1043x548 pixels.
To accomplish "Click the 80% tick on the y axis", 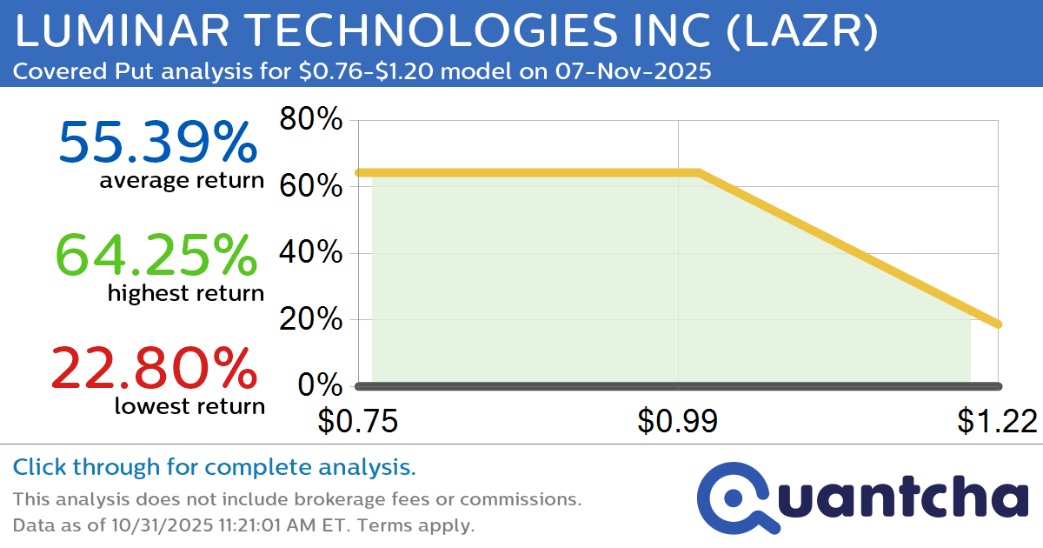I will tap(310, 120).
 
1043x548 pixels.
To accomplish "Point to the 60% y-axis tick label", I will tap(310, 187).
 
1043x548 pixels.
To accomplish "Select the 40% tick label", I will tap(310, 254).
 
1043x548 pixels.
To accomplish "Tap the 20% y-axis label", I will tap(310, 320).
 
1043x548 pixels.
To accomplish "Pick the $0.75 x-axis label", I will tap(357, 421).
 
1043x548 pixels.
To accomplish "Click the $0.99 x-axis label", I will tap(677, 421).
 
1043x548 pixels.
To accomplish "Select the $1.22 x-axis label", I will tap(997, 421).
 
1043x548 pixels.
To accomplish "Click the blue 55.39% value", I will tap(157, 143).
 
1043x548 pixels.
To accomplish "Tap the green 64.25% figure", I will tap(157, 256).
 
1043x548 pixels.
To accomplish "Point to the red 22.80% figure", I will tap(155, 368).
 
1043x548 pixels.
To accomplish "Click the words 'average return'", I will tap(181, 180).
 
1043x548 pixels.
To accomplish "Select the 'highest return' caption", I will tap(185, 293).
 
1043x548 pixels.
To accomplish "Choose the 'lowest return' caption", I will tap(189, 405).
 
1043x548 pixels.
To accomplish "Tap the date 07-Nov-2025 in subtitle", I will tap(634, 71).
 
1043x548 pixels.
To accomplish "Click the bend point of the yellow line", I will tap(699, 172).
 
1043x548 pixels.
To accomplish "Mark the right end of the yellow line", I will tap(999, 324).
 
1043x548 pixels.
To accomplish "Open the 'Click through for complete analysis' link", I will tap(214, 468).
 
